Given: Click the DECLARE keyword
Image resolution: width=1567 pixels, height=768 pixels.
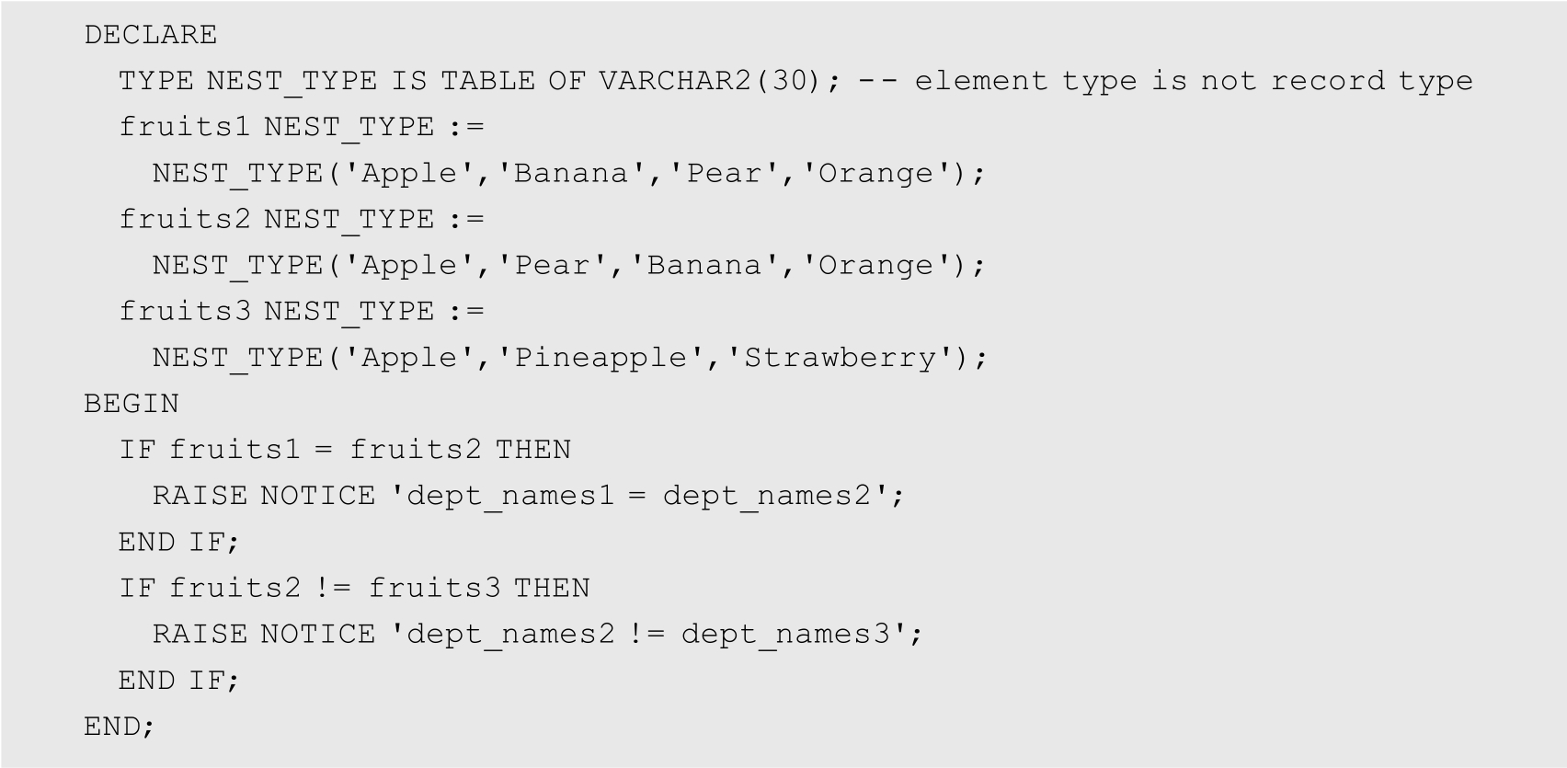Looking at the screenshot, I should (151, 35).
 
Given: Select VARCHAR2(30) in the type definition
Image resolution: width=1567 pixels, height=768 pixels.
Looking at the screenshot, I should (709, 81).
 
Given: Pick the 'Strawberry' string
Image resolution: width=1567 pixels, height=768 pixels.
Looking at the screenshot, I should (841, 357).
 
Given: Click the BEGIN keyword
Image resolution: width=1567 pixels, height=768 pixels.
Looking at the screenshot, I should (132, 404).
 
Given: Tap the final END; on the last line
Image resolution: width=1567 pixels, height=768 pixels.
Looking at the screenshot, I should (120, 727).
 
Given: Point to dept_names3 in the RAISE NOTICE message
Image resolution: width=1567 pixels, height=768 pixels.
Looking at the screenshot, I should (787, 634).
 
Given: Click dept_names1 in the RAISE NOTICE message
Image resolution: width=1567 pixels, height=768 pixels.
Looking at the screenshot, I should (510, 496).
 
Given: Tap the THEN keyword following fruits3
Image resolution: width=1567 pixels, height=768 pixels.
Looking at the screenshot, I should (552, 588).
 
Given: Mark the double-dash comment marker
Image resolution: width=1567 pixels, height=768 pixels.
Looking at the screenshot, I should (877, 81).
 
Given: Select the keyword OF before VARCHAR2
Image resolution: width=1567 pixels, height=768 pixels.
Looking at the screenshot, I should (566, 81).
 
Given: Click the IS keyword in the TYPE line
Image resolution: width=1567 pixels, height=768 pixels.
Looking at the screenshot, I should (409, 81).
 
